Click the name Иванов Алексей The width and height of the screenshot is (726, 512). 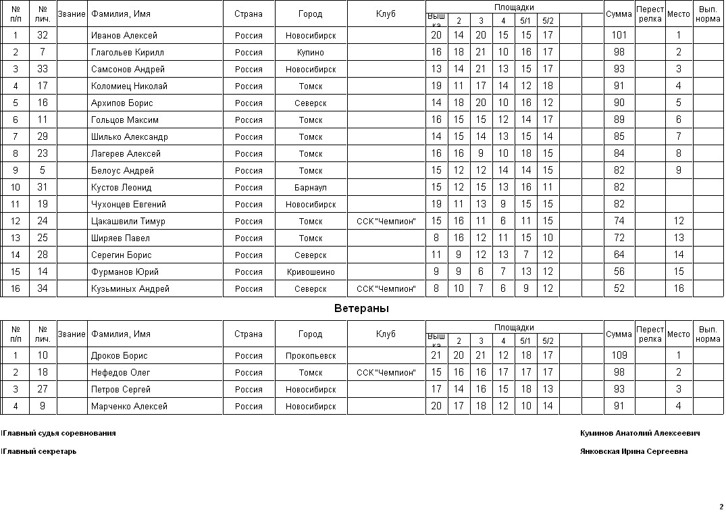click(124, 35)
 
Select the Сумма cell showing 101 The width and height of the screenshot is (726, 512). click(619, 35)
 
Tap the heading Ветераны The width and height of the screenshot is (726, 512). click(361, 309)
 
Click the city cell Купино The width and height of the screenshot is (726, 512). click(311, 52)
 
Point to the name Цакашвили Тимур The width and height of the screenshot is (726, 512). click(128, 221)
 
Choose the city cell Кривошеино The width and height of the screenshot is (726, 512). click(311, 272)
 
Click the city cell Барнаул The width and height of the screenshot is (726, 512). click(311, 187)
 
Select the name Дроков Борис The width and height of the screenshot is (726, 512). click(120, 355)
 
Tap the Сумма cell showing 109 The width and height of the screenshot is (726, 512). click(619, 355)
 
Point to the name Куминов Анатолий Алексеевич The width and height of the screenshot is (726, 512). click(640, 434)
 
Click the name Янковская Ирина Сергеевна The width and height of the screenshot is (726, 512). click(633, 452)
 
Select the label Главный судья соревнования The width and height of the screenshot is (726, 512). click(59, 434)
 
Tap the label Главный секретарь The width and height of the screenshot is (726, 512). click(39, 452)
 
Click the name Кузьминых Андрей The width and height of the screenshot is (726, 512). click(130, 288)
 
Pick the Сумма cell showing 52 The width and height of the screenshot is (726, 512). click(619, 288)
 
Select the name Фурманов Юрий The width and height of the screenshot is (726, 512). click(125, 272)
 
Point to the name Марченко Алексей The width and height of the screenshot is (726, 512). click(129, 406)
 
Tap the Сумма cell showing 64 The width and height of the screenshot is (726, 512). click(619, 255)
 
